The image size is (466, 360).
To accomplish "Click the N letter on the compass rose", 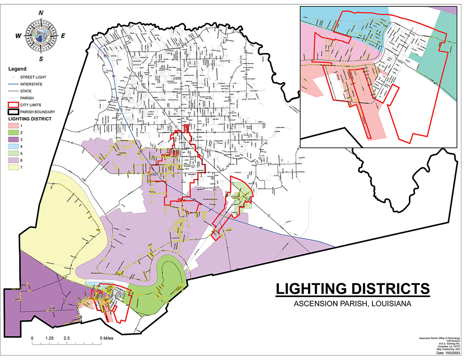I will click(41, 13).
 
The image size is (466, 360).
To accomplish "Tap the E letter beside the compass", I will click(63, 36).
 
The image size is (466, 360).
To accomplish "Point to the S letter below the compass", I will click(41, 59).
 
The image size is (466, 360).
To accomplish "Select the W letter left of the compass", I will click(19, 36).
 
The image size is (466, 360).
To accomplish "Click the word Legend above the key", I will click(17, 69).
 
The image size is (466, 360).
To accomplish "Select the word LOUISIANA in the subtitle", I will click(390, 304).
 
